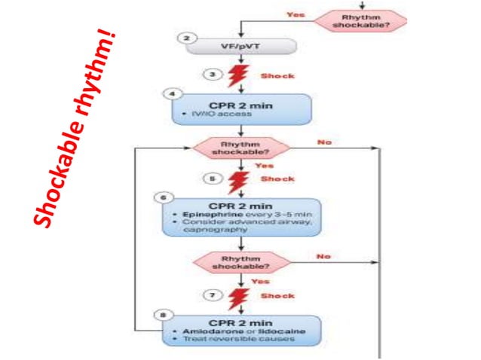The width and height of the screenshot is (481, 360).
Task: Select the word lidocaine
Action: click(259, 332)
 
